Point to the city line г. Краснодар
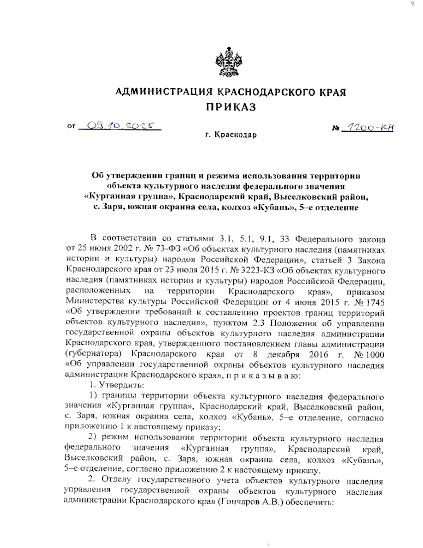tap(231, 135)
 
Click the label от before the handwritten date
tap(71, 126)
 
